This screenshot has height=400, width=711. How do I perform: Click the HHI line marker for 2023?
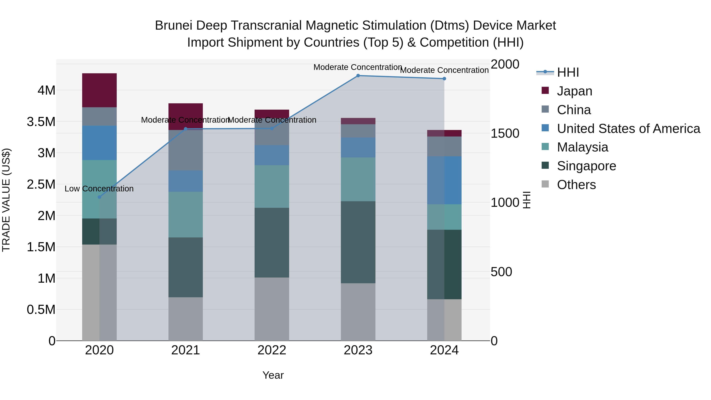[x=358, y=75]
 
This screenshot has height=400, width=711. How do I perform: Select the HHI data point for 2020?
[x=99, y=197]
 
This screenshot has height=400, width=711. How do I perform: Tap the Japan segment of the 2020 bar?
[x=99, y=90]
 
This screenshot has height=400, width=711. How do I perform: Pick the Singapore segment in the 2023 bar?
[x=358, y=242]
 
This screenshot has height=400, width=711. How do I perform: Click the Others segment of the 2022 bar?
[x=272, y=309]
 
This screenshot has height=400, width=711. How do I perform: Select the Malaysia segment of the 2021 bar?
[x=185, y=215]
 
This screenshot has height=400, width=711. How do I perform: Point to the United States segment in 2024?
[x=444, y=180]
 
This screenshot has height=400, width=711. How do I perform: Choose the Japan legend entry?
[x=574, y=91]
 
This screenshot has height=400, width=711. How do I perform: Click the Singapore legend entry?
[x=586, y=166]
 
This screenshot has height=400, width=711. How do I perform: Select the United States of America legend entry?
[x=628, y=129]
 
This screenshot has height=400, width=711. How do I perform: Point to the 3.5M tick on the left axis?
[x=41, y=122]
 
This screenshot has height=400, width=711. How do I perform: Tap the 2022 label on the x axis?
[x=272, y=350]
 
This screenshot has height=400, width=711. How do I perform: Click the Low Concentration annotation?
[x=99, y=189]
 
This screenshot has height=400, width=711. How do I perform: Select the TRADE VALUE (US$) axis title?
[x=6, y=200]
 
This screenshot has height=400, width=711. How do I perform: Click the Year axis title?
[x=273, y=375]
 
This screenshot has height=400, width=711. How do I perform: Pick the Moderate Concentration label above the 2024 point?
[x=444, y=70]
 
